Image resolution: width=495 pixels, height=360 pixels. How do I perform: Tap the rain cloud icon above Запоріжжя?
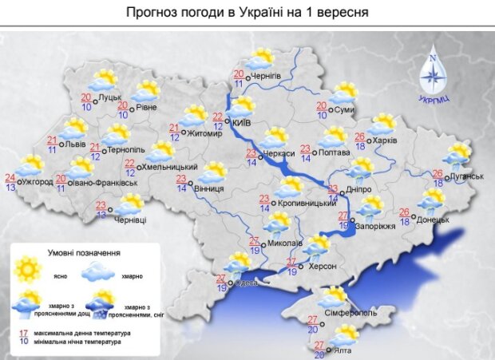369,207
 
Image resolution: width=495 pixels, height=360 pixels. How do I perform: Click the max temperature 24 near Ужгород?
10,178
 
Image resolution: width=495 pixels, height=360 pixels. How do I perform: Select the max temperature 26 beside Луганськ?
438,173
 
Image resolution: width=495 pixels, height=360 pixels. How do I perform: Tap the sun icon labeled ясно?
27,269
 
